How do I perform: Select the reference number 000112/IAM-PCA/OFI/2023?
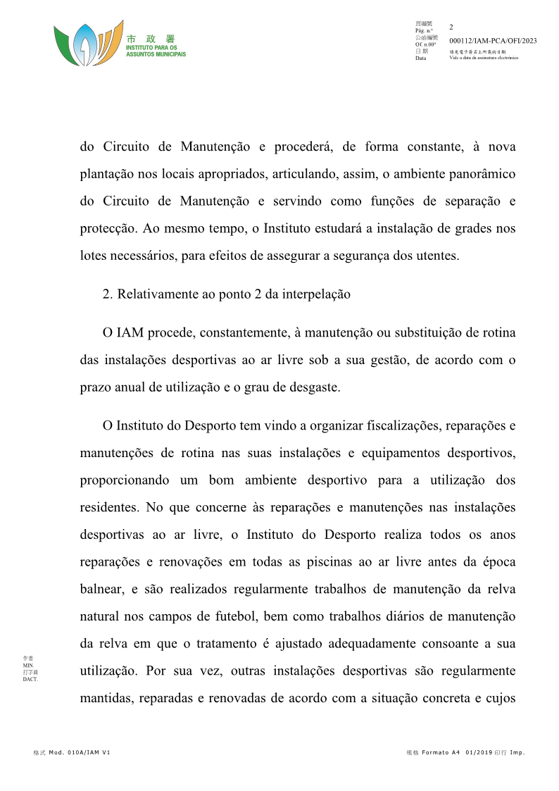pos(492,41)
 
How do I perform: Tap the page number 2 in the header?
pos(451,27)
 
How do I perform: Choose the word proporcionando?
pos(125,480)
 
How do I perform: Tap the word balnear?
pos(101,590)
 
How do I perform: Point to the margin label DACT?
pos(30,680)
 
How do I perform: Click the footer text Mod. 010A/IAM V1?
pos(79,753)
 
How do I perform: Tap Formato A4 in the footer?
pos(441,753)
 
